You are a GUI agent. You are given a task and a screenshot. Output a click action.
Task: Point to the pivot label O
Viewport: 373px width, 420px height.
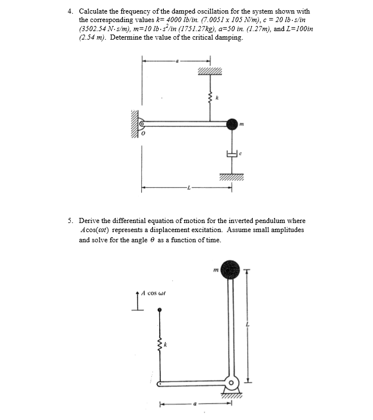tap(144, 134)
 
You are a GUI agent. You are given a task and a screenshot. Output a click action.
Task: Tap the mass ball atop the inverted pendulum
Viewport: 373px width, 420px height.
tap(230, 269)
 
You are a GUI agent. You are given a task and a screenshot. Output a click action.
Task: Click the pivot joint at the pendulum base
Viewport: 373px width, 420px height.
tap(231, 384)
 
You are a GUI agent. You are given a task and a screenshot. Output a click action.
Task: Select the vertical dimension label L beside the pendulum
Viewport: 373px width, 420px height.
tap(246, 324)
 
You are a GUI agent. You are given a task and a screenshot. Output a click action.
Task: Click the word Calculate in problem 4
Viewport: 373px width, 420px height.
tap(95, 11)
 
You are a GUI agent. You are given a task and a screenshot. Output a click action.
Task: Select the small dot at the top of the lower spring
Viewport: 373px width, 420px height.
tap(160, 310)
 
